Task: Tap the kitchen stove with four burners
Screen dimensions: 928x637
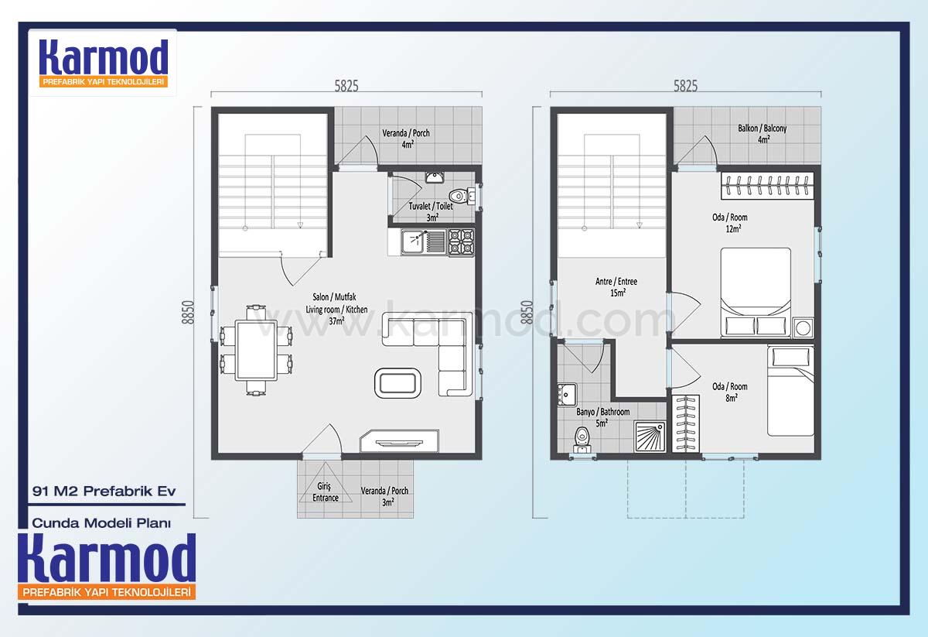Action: tap(461, 242)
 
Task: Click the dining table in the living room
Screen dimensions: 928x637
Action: tap(257, 350)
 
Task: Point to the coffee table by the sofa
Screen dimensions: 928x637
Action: tap(398, 383)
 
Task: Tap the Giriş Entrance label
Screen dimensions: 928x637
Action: tap(326, 491)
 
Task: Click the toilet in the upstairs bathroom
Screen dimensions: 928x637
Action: tap(582, 440)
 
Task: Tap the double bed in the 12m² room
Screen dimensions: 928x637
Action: tap(756, 293)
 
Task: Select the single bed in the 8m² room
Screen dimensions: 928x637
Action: tap(790, 391)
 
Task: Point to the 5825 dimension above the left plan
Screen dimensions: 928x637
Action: tap(346, 86)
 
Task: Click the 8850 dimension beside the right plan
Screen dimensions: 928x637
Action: tap(527, 312)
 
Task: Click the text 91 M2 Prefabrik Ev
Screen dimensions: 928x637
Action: tap(104, 491)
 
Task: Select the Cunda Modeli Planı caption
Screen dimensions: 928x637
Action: tap(101, 523)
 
